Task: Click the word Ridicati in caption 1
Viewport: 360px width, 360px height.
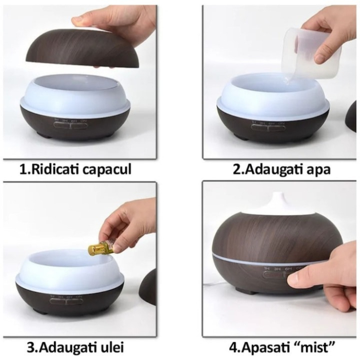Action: pos(55,169)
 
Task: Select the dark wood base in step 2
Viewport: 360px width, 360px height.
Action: pos(273,126)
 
